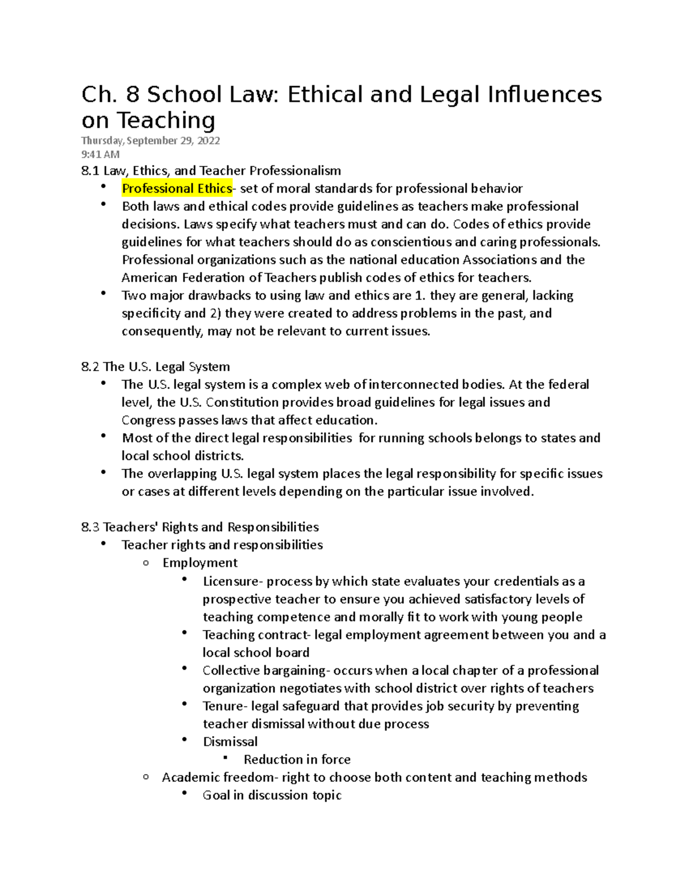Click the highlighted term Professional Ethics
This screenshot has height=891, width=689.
(x=177, y=189)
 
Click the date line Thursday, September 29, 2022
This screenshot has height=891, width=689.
(x=150, y=141)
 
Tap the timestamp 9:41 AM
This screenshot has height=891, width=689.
(x=100, y=154)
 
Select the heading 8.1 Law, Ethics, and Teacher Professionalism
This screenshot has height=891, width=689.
(x=211, y=171)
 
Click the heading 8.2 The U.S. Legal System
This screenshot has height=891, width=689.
(x=156, y=367)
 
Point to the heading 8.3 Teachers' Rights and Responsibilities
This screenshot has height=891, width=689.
(x=200, y=527)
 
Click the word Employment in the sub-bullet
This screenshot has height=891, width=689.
(x=200, y=563)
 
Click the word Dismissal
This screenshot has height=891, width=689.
(x=230, y=741)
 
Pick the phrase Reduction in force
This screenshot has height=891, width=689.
(x=297, y=760)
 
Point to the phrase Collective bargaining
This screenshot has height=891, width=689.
(x=264, y=670)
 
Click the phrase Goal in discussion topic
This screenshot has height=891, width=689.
(x=272, y=795)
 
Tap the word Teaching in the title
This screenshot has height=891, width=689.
(x=166, y=120)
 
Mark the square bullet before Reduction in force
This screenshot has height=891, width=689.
(x=226, y=758)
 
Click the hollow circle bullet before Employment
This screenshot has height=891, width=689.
(x=146, y=563)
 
